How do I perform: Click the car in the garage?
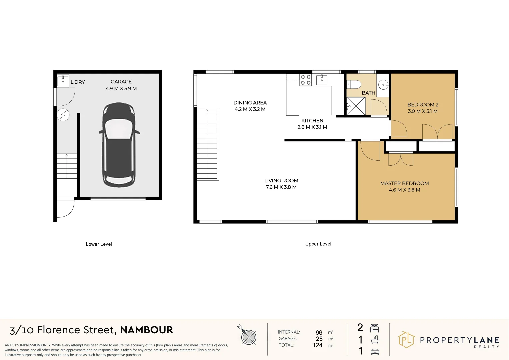pyautogui.click(x=119, y=145)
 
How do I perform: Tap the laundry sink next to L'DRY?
pyautogui.click(x=63, y=81)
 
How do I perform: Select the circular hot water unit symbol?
pyautogui.click(x=63, y=115)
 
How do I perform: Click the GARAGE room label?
pyautogui.click(x=121, y=82)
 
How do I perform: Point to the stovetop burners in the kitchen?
pyautogui.click(x=305, y=80)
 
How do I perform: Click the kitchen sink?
pyautogui.click(x=322, y=80)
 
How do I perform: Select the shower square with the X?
pyautogui.click(x=356, y=106)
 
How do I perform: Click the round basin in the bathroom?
pyautogui.click(x=383, y=85)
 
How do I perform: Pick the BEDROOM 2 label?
pyautogui.click(x=423, y=105)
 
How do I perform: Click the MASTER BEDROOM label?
pyautogui.click(x=404, y=183)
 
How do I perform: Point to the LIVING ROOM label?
pyautogui.click(x=281, y=181)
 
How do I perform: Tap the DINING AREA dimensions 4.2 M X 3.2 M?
pyautogui.click(x=250, y=109)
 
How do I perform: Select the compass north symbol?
pyautogui.click(x=248, y=337)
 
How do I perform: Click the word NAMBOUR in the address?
pyautogui.click(x=146, y=330)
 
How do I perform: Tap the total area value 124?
pyautogui.click(x=317, y=345)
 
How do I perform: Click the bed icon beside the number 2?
pyautogui.click(x=374, y=328)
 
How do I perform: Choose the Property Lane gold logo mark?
pyautogui.click(x=406, y=340)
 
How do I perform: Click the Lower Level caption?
pyautogui.click(x=99, y=244)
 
